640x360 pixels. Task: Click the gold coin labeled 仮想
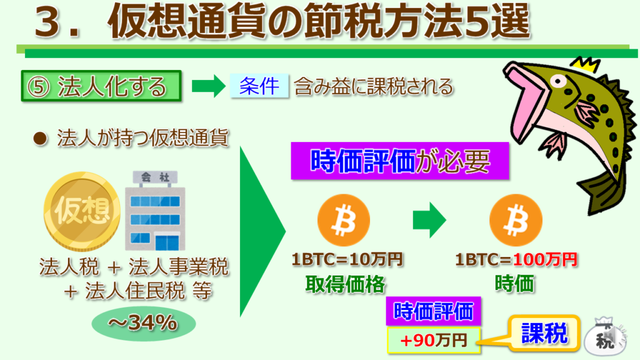[x=82, y=211]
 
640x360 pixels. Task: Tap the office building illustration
[x=155, y=211]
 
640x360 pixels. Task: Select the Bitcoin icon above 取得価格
[x=344, y=220]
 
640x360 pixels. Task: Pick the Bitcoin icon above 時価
[x=516, y=220]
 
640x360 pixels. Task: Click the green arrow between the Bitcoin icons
[x=429, y=220]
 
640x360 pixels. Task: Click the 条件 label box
[x=259, y=86]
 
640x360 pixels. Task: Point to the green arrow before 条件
[x=209, y=86]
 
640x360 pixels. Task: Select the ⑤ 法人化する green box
[x=101, y=86]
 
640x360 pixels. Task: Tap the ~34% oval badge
[x=143, y=324]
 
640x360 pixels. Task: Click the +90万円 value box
[x=434, y=340]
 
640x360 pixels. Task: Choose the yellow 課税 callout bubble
[x=544, y=333]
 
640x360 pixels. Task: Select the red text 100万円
[x=545, y=259]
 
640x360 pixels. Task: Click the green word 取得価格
[x=345, y=284]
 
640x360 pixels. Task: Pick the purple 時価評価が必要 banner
[x=399, y=161]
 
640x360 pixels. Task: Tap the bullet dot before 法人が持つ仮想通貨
[x=40, y=139]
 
